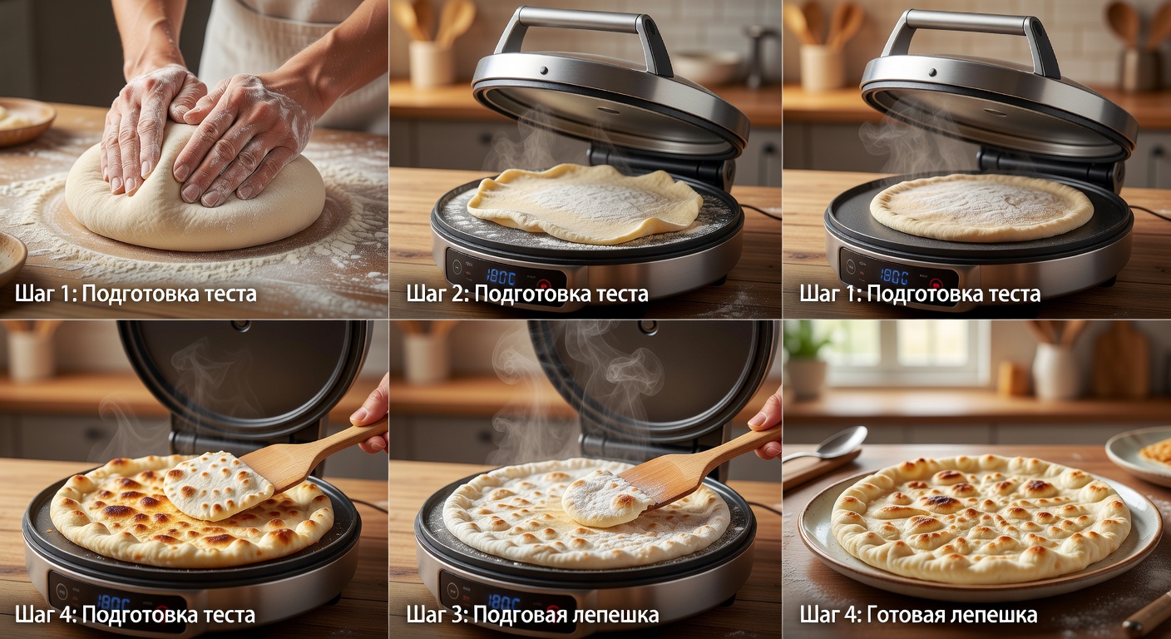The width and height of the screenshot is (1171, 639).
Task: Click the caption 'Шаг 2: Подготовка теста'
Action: pos(527,294)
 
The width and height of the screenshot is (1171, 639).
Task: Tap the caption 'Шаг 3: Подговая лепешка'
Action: pos(532,615)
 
